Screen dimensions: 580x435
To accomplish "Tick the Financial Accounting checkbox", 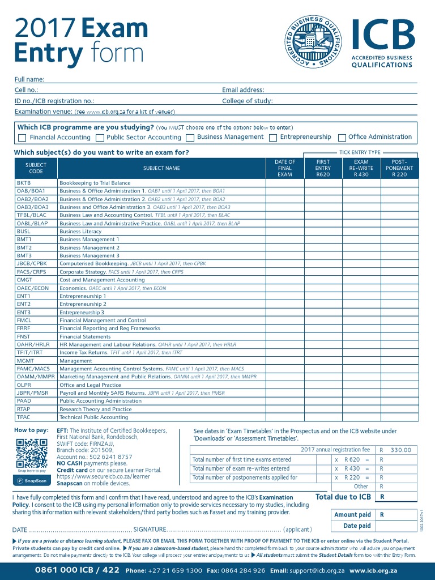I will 22,138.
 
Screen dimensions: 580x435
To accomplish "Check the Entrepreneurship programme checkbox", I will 273,138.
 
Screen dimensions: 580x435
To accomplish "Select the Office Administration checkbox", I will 342,138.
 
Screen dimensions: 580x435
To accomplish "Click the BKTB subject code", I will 23,183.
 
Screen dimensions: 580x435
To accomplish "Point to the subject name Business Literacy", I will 80,232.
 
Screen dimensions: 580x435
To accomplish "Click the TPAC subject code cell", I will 23,417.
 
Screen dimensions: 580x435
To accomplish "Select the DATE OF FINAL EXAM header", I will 284,168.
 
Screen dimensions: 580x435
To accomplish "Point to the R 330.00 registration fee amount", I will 400,450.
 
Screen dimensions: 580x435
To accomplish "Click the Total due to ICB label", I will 343,497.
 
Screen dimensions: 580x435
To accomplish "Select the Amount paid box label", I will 352,514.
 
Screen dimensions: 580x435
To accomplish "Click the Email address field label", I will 243,90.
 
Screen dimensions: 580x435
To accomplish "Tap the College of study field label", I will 248,101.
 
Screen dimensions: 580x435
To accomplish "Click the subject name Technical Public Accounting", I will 94,417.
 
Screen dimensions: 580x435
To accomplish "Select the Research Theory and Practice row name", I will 95,409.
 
